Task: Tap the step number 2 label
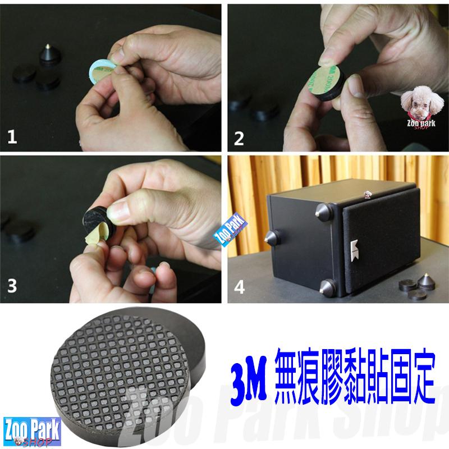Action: tap(240, 137)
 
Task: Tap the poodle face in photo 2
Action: tap(419, 100)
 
